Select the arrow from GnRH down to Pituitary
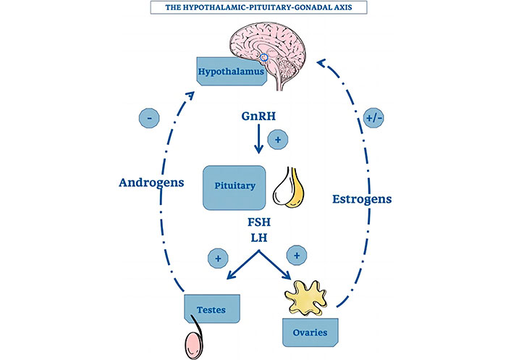256,141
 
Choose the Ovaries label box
310,332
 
